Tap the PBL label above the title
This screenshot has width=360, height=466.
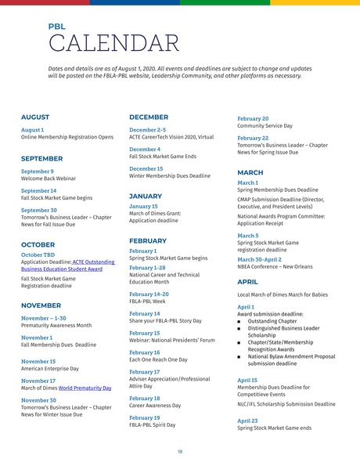[56, 26]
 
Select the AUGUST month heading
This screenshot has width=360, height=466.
[35, 117]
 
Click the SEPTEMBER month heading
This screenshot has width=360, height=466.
[42, 158]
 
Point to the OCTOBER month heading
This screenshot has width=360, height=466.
[38, 244]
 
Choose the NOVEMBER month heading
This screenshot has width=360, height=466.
[41, 305]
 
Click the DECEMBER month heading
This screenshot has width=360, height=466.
[149, 117]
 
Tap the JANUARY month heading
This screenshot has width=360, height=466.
[146, 197]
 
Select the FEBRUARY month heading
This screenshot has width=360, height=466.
[148, 241]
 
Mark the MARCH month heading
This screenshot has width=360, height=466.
[250, 172]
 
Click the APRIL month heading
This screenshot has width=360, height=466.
[247, 281]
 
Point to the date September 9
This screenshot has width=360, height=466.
[38, 171]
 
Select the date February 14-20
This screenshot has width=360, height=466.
[149, 294]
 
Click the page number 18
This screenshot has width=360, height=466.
[180, 452]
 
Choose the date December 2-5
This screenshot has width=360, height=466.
[147, 129]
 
